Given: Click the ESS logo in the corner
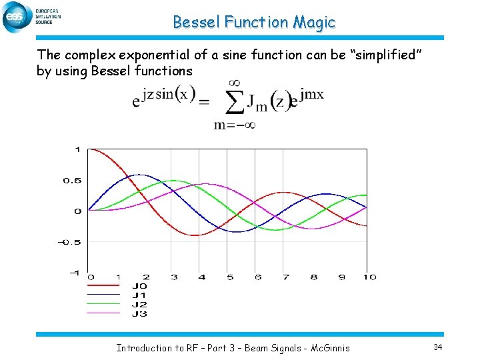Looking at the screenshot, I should click(18, 17).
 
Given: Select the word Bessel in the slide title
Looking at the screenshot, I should click(197, 22).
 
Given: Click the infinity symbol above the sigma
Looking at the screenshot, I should click(234, 82).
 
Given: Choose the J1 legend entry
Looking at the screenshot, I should click(139, 295).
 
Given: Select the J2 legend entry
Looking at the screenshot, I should click(139, 304).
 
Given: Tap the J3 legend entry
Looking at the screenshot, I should click(139, 313).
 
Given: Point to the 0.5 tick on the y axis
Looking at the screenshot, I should click(72, 181).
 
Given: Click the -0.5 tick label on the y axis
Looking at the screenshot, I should click(70, 242).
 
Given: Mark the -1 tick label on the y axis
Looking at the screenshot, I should click(74, 273).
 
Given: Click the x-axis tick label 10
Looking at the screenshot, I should click(369, 277).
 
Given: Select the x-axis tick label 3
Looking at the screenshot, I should click(174, 277).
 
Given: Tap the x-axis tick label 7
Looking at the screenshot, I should click(285, 277).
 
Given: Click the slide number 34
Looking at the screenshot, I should click(437, 347).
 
